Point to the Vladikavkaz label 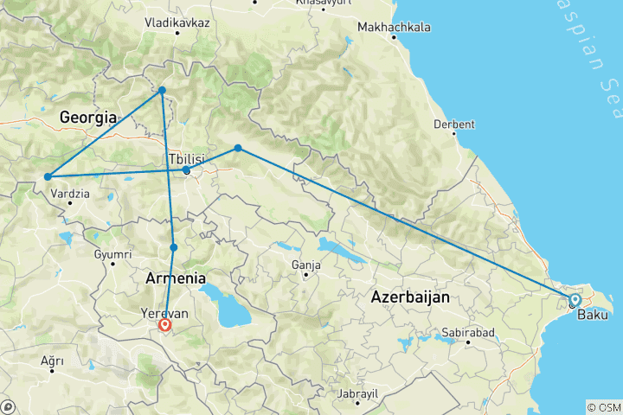coord(177,22)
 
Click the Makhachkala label coord(394,28)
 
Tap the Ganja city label coord(306,264)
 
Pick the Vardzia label coord(70,194)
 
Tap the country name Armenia coord(176,278)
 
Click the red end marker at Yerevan coord(164,326)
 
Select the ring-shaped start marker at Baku coord(575,300)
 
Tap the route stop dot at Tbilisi coord(187,170)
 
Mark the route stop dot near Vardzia coord(47,177)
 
